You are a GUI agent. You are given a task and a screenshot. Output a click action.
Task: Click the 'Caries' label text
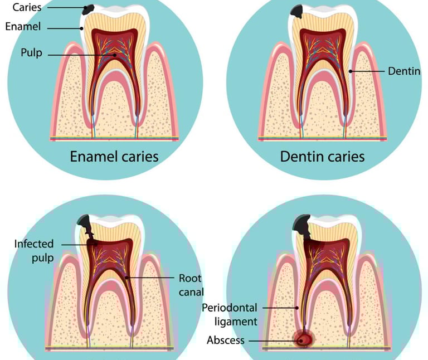27,8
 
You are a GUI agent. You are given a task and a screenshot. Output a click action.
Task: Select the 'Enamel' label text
23,26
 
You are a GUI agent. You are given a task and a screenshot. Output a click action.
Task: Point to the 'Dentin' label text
403,71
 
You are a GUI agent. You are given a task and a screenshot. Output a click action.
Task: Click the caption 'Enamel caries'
114,156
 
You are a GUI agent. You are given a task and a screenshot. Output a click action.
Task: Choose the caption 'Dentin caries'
322,156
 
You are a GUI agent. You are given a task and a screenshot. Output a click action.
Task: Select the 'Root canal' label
191,285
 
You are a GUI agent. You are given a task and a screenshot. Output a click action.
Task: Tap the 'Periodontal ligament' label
229,314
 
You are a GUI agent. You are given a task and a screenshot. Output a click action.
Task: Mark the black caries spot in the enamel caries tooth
89,9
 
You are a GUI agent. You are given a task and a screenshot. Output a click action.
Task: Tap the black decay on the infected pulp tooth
85,225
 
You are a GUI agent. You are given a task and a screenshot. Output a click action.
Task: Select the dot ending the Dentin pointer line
350,71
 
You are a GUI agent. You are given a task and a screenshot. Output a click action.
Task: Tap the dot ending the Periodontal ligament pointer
297,307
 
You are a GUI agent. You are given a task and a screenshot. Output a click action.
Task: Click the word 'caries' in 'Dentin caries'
344,156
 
